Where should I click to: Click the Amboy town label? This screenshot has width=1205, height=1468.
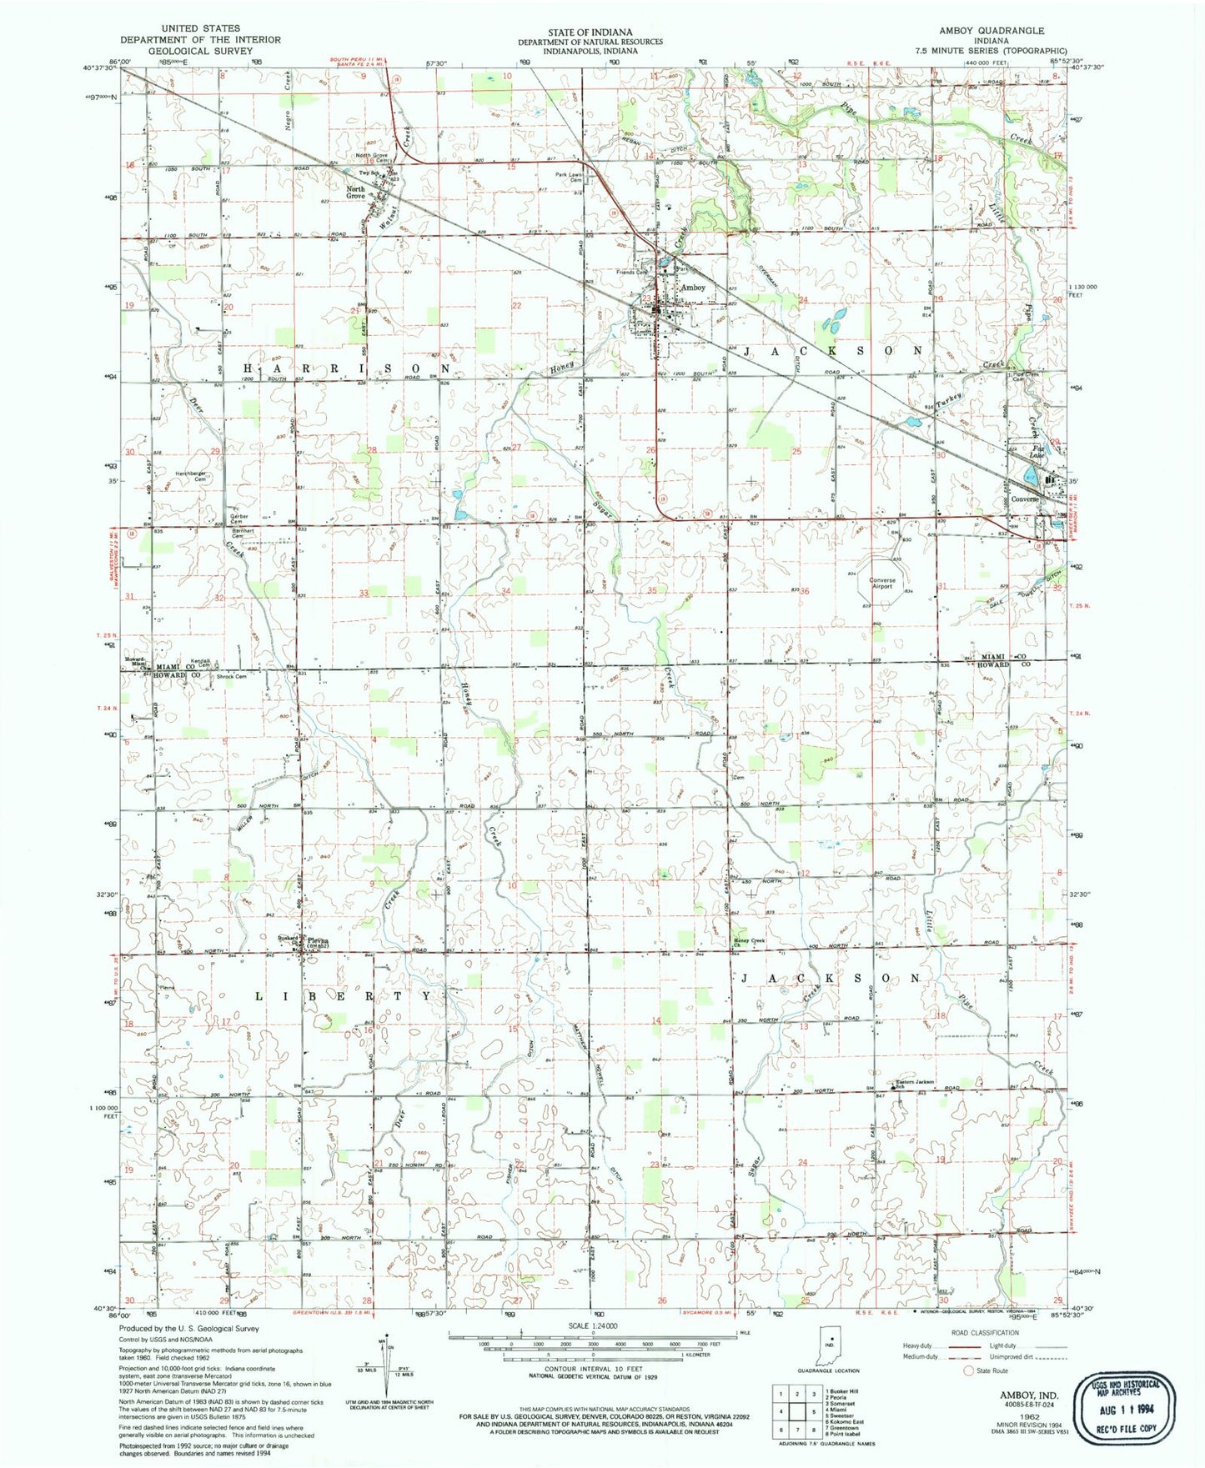pyautogui.click(x=693, y=287)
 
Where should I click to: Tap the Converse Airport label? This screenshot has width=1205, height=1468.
pyautogui.click(x=881, y=583)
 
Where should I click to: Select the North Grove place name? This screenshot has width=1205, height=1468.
pyautogui.click(x=356, y=192)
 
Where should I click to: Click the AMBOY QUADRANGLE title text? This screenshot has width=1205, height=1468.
pyautogui.click(x=991, y=31)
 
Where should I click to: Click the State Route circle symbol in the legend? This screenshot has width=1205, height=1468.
pyautogui.click(x=968, y=1394)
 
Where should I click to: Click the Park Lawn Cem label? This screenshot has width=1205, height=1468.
pyautogui.click(x=570, y=177)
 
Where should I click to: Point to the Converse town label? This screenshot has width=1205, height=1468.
pyautogui.click(x=1024, y=499)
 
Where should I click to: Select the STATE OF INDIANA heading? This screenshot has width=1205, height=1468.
pyautogui.click(x=590, y=31)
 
